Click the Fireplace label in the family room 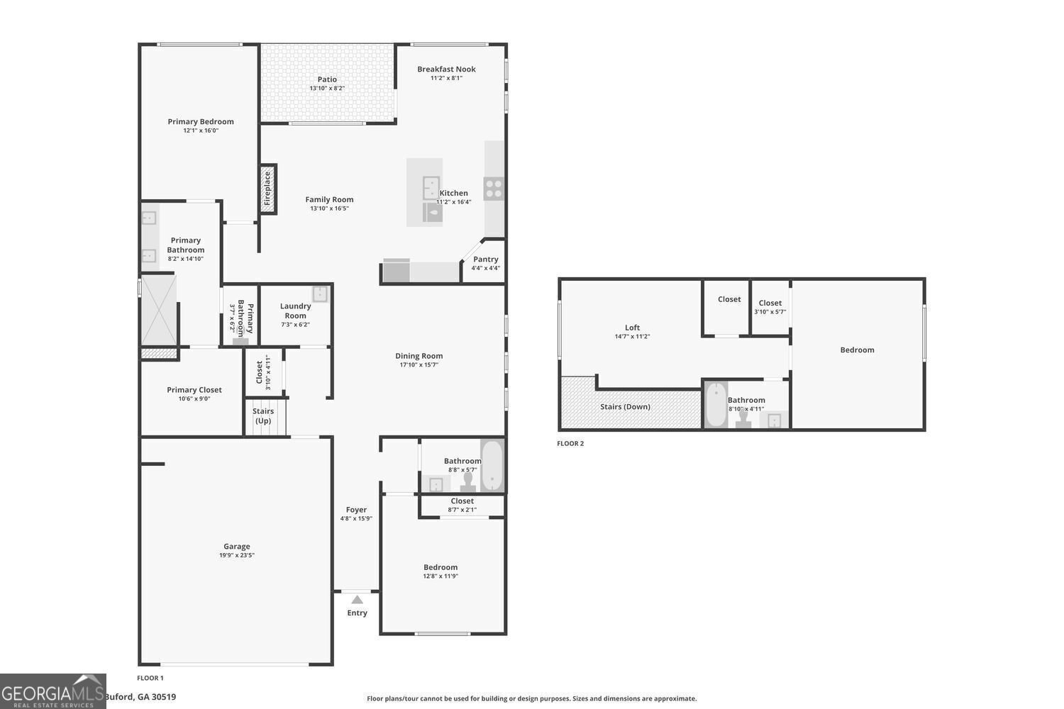point(268,189)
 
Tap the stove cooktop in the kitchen point(494,189)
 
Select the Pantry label point(485,259)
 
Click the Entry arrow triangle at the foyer point(357,600)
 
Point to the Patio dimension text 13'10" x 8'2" point(327,89)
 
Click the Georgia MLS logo point(52,691)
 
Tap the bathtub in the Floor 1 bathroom point(492,465)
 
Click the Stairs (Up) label point(263,416)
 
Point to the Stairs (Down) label point(625,407)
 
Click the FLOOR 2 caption point(570,444)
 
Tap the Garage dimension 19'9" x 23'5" point(236,555)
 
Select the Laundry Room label point(295,311)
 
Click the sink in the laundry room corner point(320,294)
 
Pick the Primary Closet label point(194,390)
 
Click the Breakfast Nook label point(446,69)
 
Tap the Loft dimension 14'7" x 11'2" point(632,337)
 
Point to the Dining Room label point(419,356)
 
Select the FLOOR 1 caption point(150,679)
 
